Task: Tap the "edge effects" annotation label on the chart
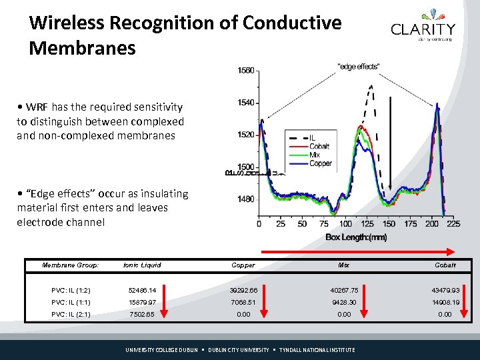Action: click(x=359, y=66)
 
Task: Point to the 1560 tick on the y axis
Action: click(x=245, y=71)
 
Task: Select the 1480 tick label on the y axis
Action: click(x=245, y=199)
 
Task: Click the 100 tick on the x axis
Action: click(x=346, y=224)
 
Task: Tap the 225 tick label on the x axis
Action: click(x=453, y=224)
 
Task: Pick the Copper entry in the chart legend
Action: click(x=321, y=163)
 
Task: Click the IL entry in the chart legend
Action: click(x=313, y=138)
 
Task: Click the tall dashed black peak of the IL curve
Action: click(x=371, y=87)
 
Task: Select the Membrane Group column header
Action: click(x=71, y=265)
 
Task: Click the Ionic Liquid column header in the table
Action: click(x=142, y=265)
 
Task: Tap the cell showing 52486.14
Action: click(x=142, y=291)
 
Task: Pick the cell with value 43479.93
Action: click(x=445, y=291)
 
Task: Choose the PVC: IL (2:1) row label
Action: click(x=71, y=315)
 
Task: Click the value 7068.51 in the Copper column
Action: click(x=243, y=303)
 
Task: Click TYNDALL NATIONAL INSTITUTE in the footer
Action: click(x=317, y=350)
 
